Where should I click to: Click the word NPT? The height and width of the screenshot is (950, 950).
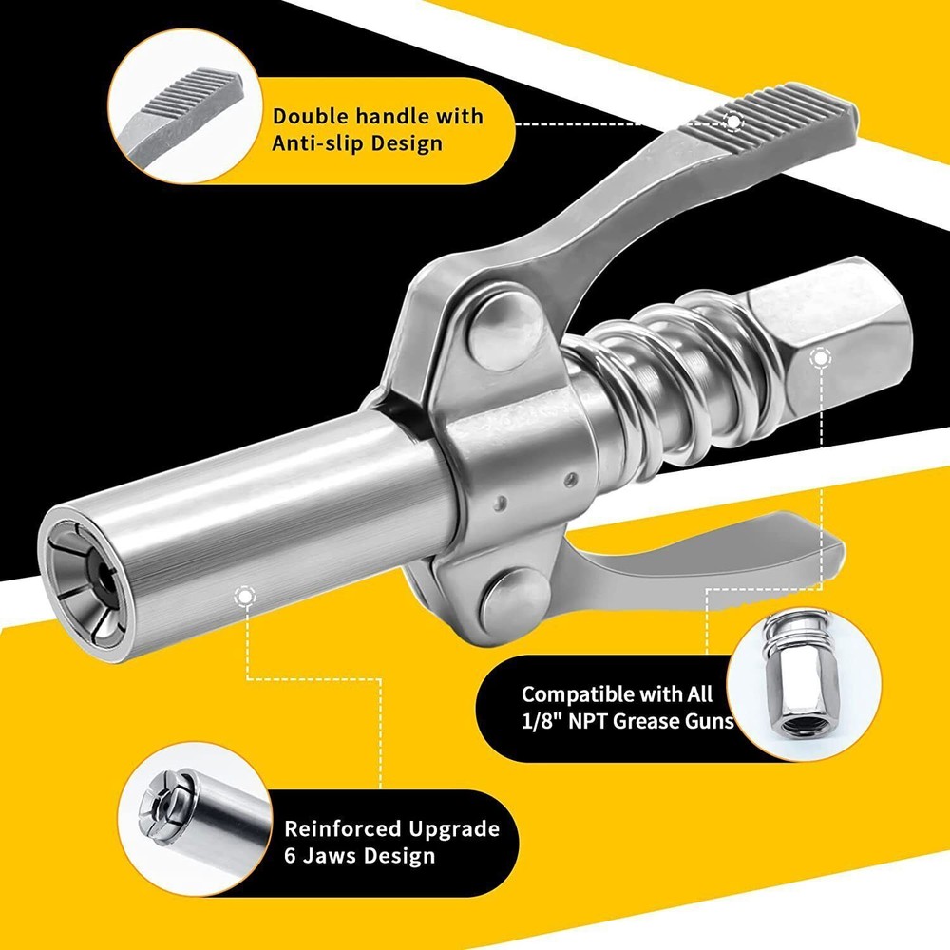[x=593, y=721]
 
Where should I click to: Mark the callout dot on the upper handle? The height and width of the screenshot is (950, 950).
[x=732, y=122]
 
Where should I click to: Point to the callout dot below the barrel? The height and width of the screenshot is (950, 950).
[x=246, y=596]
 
